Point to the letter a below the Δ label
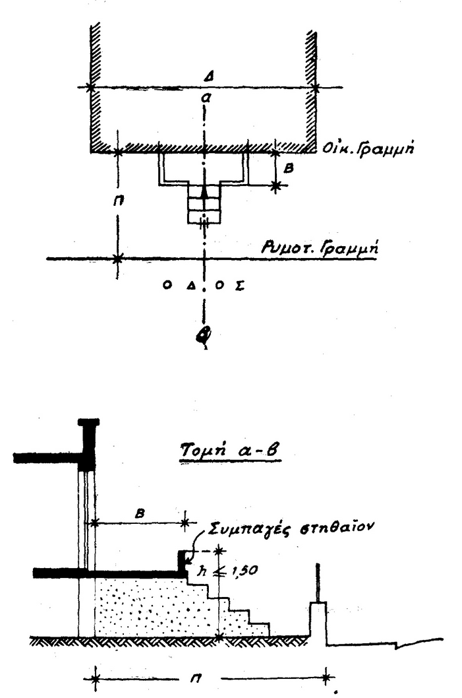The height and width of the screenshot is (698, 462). (x=206, y=98)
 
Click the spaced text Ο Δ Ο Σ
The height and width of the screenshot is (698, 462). (x=206, y=286)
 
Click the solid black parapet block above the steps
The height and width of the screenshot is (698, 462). (x=183, y=561)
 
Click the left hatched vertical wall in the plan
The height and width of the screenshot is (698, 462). (x=95, y=86)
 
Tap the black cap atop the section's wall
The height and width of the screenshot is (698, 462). (x=88, y=422)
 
